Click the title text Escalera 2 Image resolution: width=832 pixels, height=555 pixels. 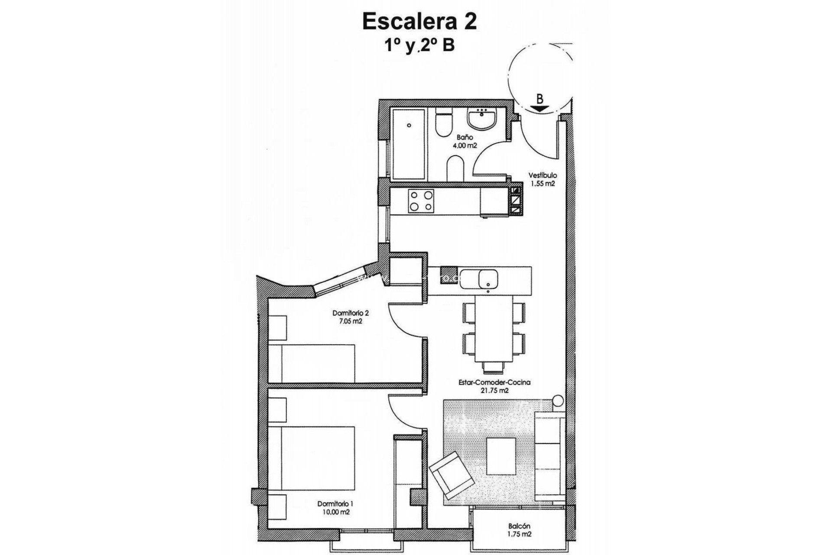tap(419, 22)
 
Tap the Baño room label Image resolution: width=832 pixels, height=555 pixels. tap(465, 137)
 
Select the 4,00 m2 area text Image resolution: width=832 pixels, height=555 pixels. tap(465, 146)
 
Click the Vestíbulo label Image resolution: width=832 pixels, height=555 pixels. tap(542, 176)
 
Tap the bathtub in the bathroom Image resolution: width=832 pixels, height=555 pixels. tap(408, 144)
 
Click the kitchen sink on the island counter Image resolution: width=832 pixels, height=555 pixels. tap(488, 278)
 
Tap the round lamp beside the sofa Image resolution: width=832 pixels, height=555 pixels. tap(558, 400)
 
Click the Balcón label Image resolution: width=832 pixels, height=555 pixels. tap(519, 526)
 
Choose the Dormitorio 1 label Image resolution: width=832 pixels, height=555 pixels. tap(335, 504)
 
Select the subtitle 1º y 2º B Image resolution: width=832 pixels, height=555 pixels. tap(419, 45)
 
